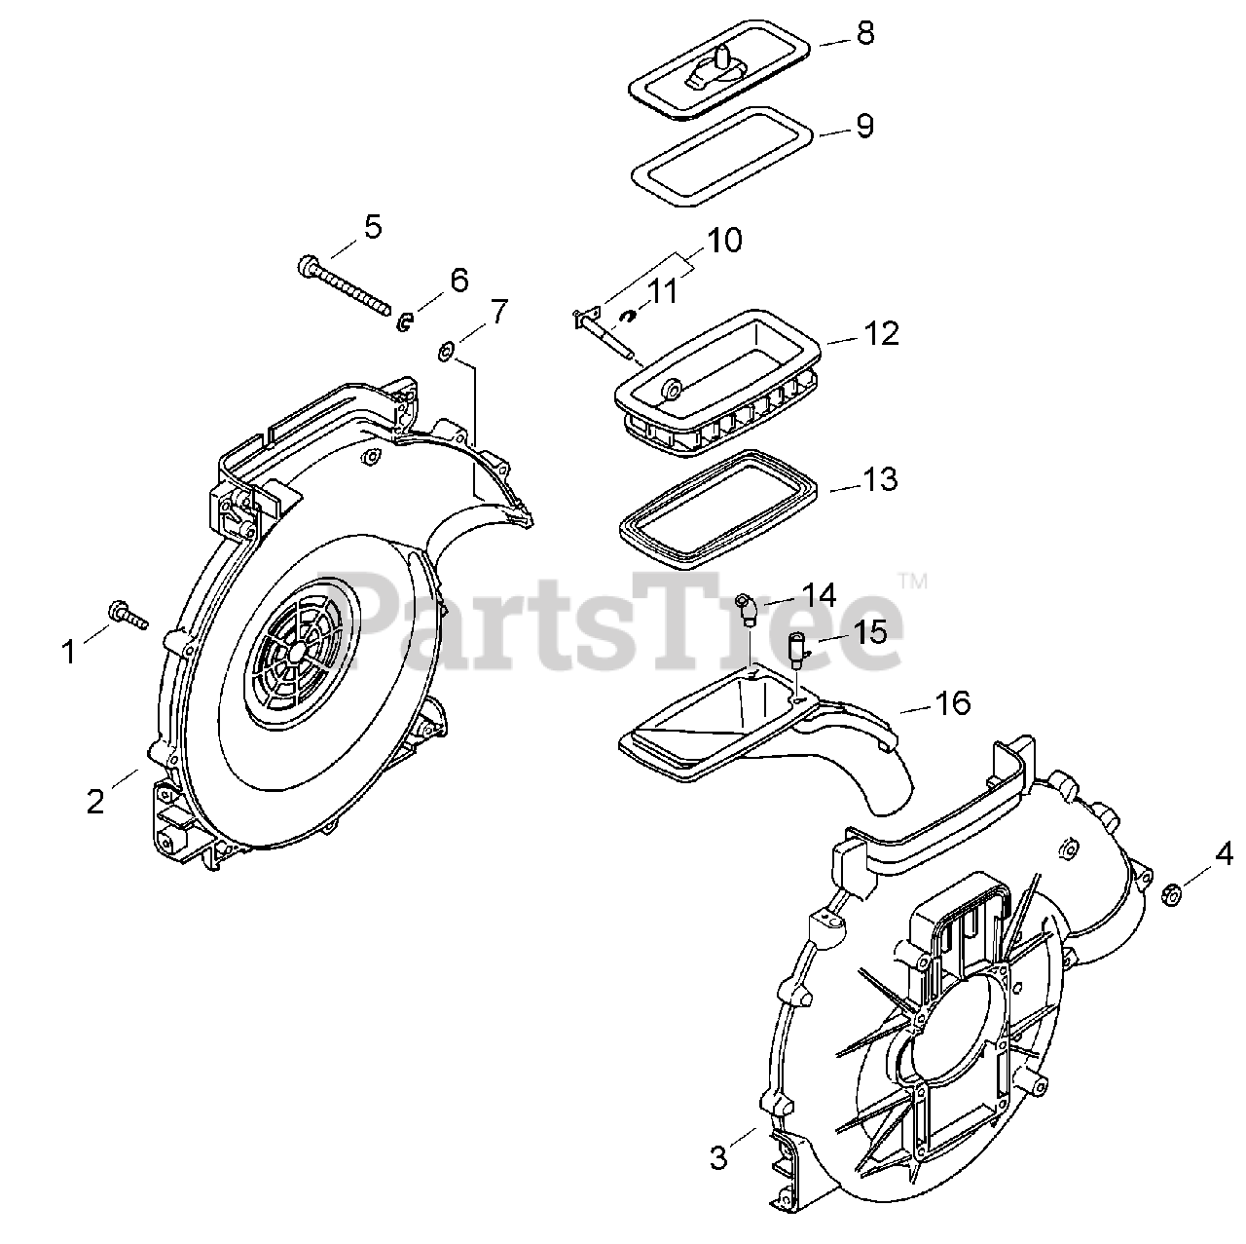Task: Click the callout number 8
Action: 865,33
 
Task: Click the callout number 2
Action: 94,801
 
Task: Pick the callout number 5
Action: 372,227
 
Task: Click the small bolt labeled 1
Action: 128,614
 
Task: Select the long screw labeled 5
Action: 346,280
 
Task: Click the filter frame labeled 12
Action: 720,395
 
